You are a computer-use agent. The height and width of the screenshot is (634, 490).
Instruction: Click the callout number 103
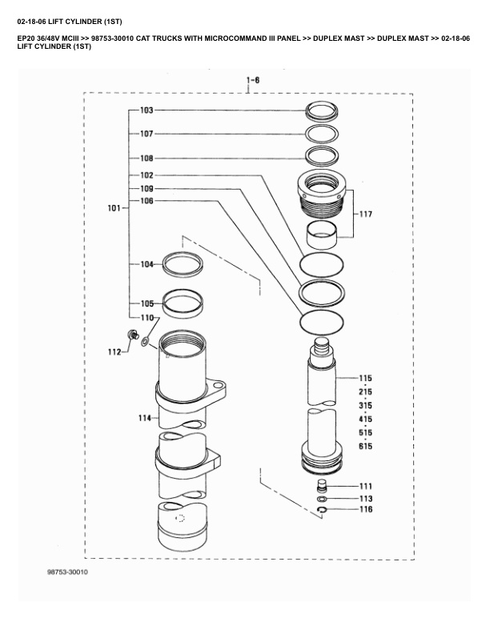coord(147,110)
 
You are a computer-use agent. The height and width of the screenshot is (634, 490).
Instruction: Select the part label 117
coord(365,214)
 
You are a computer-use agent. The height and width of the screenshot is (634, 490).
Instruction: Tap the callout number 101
coord(114,208)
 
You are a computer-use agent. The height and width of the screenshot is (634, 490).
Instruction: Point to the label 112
coord(114,351)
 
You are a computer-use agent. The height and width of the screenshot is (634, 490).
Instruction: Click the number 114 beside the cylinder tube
coord(145,418)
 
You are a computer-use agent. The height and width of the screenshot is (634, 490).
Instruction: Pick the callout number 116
coord(366,509)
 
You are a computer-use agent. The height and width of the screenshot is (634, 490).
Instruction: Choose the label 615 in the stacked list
coord(365,446)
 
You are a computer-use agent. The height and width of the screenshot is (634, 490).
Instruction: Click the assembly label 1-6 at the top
coord(253,80)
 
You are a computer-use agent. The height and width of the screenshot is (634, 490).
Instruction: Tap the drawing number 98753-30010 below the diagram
coord(67,572)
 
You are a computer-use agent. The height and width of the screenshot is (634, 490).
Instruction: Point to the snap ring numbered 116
coord(322,510)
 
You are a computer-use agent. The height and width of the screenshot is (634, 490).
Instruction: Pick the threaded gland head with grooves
coord(321,193)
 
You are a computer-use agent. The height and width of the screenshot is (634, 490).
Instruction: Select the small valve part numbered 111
coord(321,485)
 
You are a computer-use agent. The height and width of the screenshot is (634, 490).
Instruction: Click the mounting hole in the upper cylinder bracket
coord(218,384)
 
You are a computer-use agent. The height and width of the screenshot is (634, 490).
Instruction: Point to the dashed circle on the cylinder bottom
coord(180,518)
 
